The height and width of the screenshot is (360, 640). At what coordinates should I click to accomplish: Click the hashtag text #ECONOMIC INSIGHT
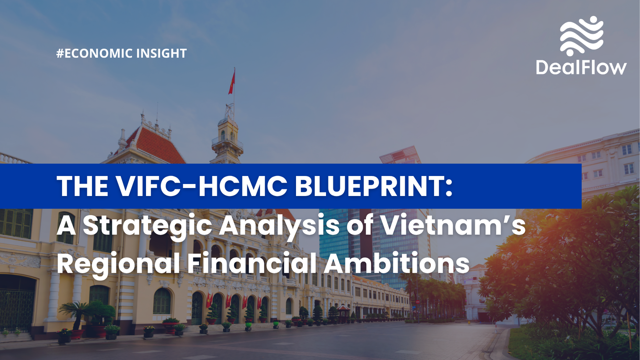[122, 54]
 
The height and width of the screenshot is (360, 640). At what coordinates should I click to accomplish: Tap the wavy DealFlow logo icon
[582, 36]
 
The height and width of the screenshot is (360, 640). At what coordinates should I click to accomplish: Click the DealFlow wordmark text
[581, 68]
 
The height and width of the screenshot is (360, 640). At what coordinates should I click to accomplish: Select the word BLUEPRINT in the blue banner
[374, 186]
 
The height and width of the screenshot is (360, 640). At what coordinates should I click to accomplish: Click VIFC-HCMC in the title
[202, 186]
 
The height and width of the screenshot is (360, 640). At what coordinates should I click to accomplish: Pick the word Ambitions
[396, 262]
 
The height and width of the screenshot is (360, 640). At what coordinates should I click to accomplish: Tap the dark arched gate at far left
[17, 303]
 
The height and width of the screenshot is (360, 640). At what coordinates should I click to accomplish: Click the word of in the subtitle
[360, 225]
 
